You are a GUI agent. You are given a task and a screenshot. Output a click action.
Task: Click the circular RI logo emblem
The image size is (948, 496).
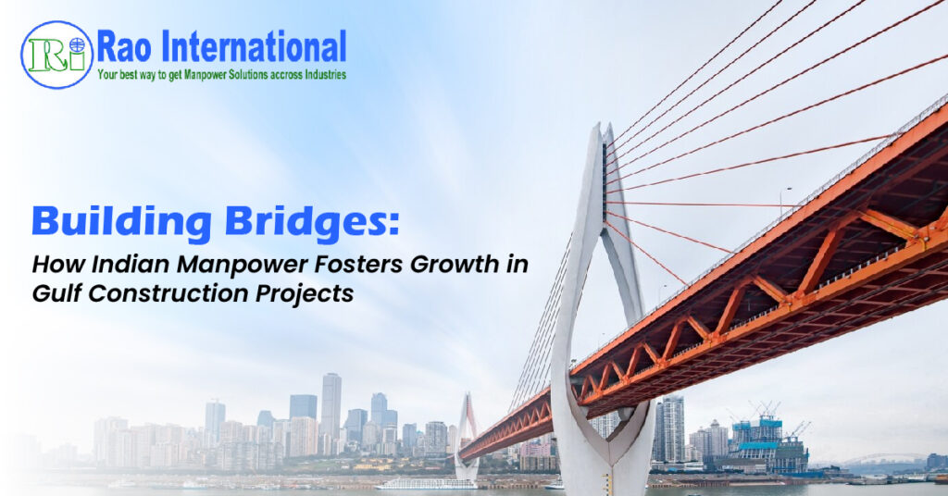(x=56, y=55)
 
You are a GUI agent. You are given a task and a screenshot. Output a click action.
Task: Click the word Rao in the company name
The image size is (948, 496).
(x=124, y=47)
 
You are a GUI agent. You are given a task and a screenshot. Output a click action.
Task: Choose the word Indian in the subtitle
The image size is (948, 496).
(x=131, y=264)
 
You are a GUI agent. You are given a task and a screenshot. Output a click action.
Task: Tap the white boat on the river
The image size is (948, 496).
(x=426, y=484)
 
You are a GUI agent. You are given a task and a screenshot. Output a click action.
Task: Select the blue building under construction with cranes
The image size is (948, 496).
(x=767, y=444)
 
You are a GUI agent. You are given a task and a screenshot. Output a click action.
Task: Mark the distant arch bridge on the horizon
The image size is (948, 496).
(x=886, y=459)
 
